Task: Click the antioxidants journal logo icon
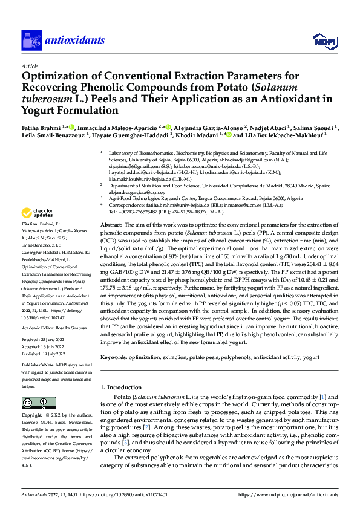click(31, 41)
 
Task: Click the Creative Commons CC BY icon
click(34, 403)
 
